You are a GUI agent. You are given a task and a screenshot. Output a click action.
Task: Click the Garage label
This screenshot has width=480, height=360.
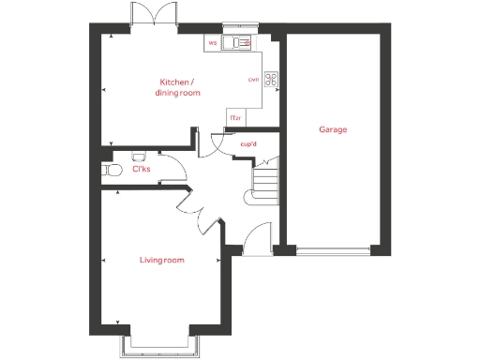pos(333,129)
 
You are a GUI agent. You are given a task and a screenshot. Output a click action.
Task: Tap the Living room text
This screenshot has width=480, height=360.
pos(162,260)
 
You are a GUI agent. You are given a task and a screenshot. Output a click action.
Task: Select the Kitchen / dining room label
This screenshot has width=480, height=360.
pos(178,87)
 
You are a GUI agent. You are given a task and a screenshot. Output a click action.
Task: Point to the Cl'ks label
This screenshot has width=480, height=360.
pos(141,170)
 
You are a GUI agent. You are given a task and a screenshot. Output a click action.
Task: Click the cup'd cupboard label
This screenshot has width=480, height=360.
pos(248,144)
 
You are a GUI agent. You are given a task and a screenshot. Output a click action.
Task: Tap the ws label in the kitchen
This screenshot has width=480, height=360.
pos(213,43)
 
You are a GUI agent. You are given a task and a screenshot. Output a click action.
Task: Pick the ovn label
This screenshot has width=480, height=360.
pos(253,80)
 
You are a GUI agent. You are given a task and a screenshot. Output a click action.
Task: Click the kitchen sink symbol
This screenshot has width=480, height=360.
pos(240,42)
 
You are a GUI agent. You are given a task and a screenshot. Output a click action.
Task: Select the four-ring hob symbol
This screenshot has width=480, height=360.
pos(272,80)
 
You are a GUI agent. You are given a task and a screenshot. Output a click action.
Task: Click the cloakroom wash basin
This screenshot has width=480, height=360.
pos(138,157)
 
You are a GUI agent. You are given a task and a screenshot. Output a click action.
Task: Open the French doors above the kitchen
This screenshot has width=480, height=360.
pos(151,14)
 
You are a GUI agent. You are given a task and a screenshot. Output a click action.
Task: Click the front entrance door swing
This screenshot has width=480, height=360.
pos(255,239)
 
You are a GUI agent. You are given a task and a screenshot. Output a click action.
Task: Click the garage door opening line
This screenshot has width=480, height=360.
pos(333,250)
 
